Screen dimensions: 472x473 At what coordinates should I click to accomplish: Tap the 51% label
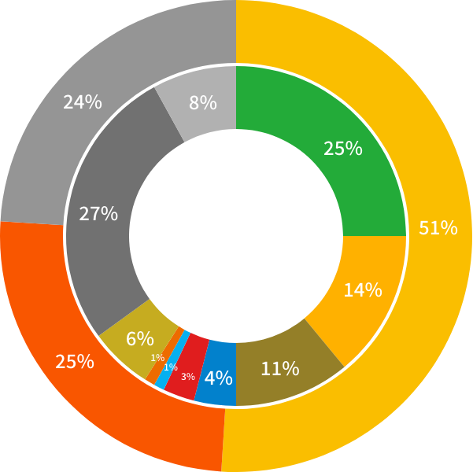(438, 228)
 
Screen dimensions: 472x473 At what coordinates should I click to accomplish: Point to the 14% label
(363, 289)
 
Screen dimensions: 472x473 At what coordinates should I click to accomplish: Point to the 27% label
(98, 213)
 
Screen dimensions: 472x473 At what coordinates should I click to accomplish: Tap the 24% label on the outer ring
(83, 102)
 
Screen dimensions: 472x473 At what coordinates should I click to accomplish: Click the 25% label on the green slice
(342, 148)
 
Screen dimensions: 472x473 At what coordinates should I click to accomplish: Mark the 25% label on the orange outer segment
(75, 362)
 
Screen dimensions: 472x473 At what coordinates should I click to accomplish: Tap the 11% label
(280, 368)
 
